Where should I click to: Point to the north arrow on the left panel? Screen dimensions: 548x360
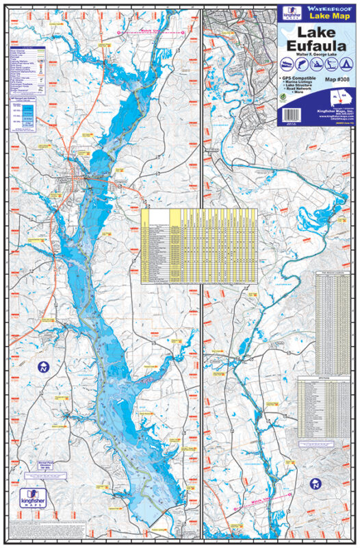44,367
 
